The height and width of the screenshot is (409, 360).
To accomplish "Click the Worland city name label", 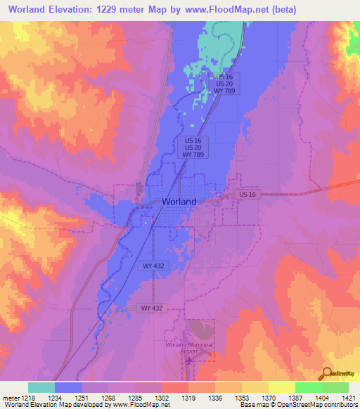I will coord(179,201).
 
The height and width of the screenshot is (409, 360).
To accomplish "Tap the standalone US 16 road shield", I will coord(247,193).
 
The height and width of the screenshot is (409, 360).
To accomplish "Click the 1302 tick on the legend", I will coord(162,397).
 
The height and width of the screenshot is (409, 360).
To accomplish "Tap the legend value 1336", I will coord(216,397).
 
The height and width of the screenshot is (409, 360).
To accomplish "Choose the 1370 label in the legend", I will coord(269,397).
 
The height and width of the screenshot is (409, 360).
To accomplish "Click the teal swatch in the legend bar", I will coord(41,387).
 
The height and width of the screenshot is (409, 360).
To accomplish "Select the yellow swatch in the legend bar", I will coord(282,387).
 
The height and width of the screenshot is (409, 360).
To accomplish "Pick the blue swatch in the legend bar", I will coord(68,387).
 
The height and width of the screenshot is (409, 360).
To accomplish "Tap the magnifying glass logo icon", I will coord(327,373).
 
